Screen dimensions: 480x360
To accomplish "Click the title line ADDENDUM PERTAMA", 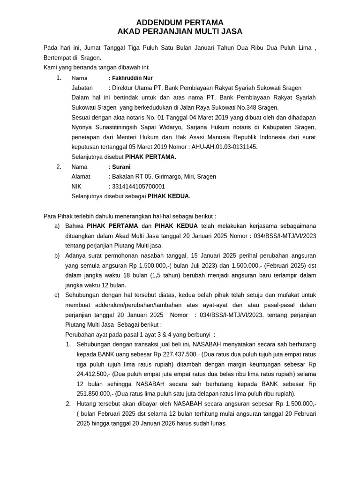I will click(x=180, y=22).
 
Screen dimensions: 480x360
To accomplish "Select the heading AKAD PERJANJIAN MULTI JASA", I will click(x=180, y=32).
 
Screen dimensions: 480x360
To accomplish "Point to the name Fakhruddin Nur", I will click(x=132, y=78).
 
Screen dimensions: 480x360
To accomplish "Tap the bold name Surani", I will click(x=121, y=167).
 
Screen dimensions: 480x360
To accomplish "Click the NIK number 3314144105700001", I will click(x=138, y=187).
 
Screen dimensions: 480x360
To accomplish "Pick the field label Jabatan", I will click(x=82, y=88).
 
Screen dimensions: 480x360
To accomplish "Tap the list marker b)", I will click(x=57, y=255).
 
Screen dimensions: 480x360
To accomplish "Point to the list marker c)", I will click(x=57, y=295).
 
